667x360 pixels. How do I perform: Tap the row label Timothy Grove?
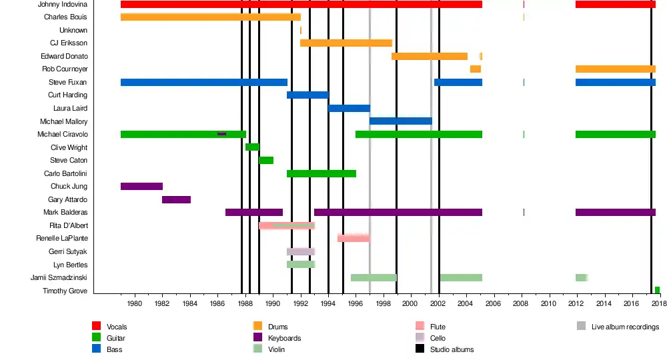pyautogui.click(x=65, y=291)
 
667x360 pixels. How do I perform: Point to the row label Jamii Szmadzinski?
pyautogui.click(x=59, y=277)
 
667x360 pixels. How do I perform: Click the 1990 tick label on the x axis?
pyautogui.click(x=273, y=304)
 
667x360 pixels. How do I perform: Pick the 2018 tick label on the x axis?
pyautogui.click(x=658, y=304)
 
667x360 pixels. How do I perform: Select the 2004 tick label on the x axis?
pyautogui.click(x=466, y=304)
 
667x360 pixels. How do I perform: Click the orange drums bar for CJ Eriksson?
pyautogui.click(x=346, y=43)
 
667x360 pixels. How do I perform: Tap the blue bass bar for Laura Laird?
pyautogui.click(x=349, y=108)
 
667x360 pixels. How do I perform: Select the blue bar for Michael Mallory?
pyautogui.click(x=401, y=121)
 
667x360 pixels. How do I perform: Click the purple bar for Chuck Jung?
pyautogui.click(x=141, y=186)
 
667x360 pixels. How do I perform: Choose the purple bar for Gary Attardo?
pyautogui.click(x=176, y=199)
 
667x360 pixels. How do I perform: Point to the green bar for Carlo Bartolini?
pyautogui.click(x=321, y=173)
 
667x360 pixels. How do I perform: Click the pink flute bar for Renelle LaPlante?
pyautogui.click(x=354, y=238)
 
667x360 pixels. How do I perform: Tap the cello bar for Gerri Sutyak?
pyautogui.click(x=301, y=251)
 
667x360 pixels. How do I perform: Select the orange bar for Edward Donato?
pyautogui.click(x=430, y=56)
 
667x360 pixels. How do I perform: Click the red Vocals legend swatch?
pyautogui.click(x=96, y=326)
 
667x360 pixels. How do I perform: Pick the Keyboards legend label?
pyautogui.click(x=284, y=338)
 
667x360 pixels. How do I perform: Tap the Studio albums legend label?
pyautogui.click(x=452, y=349)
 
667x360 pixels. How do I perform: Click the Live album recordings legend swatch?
pyautogui.click(x=582, y=326)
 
